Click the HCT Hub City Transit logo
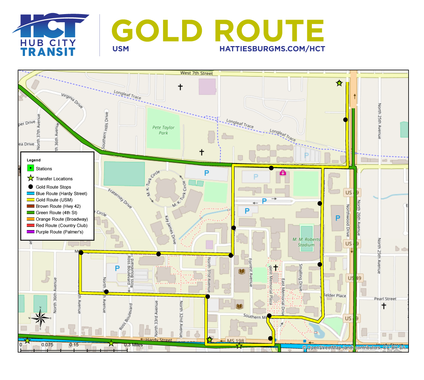click(49, 35)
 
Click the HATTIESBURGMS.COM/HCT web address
click(272, 49)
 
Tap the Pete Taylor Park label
click(163, 130)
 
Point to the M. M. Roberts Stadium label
click(306, 242)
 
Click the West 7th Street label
click(197, 73)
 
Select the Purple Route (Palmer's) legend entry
click(59, 232)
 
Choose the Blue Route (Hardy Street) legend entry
click(61, 194)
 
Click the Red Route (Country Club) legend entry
click(62, 226)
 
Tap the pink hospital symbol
click(282, 173)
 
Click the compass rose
click(41, 318)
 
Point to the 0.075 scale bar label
click(47, 345)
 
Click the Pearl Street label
click(385, 299)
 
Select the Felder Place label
click(335, 296)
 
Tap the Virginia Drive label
click(72, 100)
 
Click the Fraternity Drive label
click(120, 199)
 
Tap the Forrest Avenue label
click(251, 273)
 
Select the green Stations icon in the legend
click(31, 169)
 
